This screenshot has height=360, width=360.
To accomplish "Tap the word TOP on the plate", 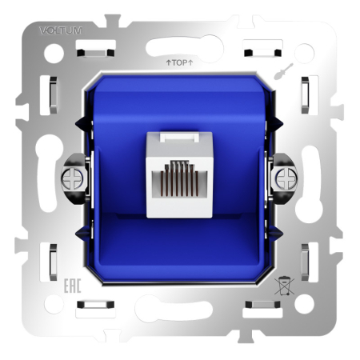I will [x=179, y=61].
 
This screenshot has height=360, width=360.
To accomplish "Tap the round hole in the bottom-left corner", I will [x=54, y=304].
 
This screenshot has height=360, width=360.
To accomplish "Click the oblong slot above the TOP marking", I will [x=180, y=46].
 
